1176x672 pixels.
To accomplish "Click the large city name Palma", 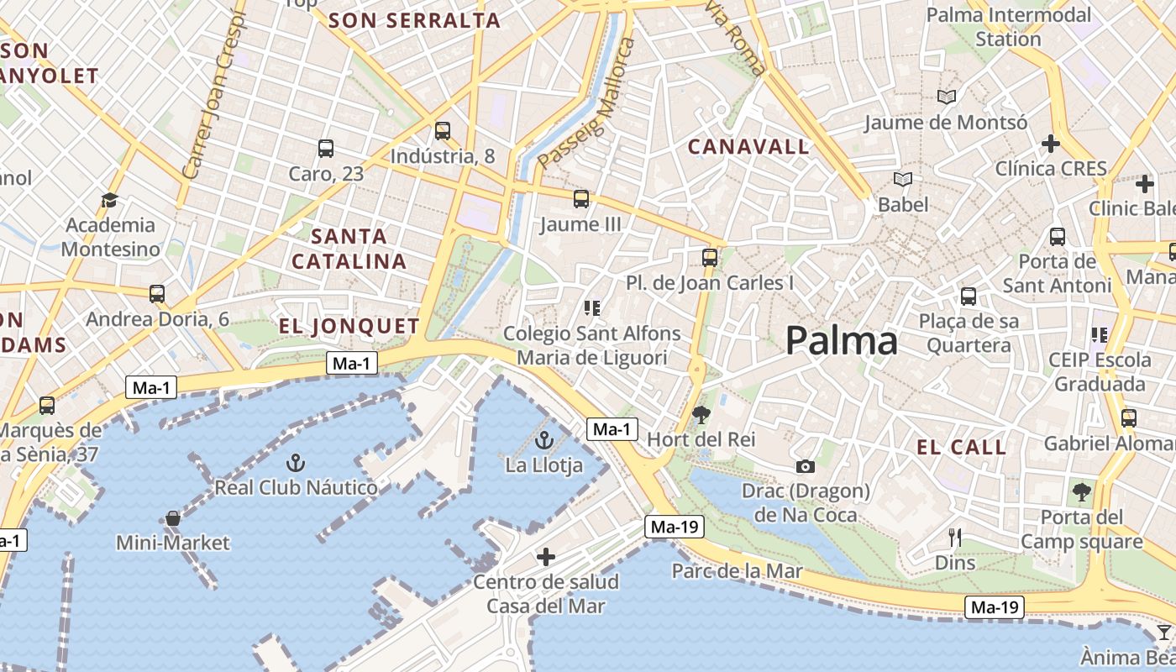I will tap(841, 341).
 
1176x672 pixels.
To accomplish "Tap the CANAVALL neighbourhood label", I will tap(748, 147).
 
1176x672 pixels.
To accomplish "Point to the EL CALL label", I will tap(961, 447).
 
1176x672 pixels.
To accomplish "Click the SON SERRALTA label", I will tap(414, 21).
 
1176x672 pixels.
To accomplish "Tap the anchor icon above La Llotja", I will tap(544, 439).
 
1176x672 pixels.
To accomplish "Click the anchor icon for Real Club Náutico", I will tap(295, 462).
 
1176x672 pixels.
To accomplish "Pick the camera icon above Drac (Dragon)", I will tap(805, 466).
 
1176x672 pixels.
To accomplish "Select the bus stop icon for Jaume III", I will tap(581, 199).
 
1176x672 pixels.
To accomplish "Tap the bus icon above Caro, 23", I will tap(326, 149).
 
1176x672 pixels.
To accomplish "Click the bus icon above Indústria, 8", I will tap(443, 131).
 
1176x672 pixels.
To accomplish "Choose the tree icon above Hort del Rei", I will tap(701, 414).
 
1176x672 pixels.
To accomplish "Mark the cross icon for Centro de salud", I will tap(546, 557).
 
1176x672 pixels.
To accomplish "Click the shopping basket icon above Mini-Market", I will tap(172, 518).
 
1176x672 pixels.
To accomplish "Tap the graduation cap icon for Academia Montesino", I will tap(109, 200).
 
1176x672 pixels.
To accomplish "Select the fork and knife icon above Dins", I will tap(955, 537).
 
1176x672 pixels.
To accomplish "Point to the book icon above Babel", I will tap(903, 180).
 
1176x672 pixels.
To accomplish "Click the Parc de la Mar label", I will tap(737, 572).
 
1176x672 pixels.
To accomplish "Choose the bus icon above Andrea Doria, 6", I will tap(157, 294).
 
